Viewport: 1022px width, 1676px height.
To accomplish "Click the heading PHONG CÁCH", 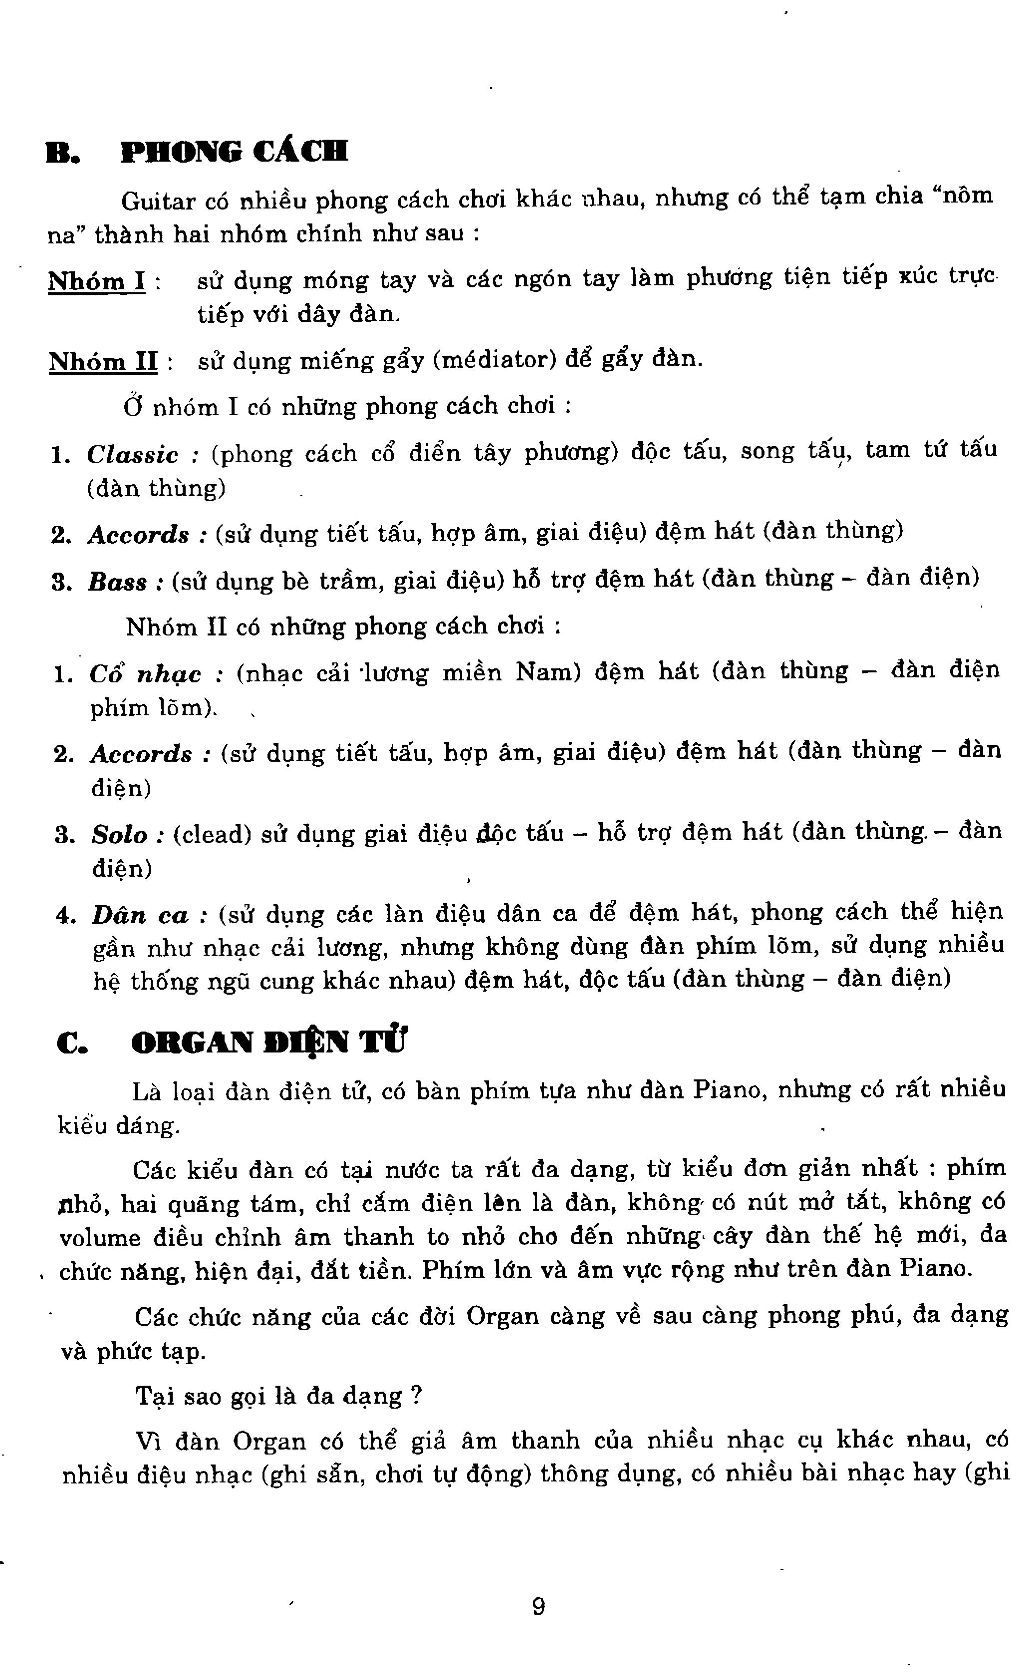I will (234, 152).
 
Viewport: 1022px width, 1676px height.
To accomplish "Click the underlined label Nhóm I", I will (97, 281).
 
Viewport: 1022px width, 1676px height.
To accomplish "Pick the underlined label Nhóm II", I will (103, 361).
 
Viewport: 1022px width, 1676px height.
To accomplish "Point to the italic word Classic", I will (133, 454).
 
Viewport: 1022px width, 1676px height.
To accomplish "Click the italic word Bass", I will (118, 582).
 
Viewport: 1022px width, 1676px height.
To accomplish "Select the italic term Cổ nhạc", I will (145, 674).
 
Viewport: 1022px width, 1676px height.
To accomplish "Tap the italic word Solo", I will (120, 835).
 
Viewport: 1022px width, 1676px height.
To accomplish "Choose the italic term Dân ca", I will (140, 915).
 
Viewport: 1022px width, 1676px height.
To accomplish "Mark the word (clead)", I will (212, 834).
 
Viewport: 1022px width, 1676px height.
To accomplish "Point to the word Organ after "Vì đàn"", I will (269, 1442).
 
